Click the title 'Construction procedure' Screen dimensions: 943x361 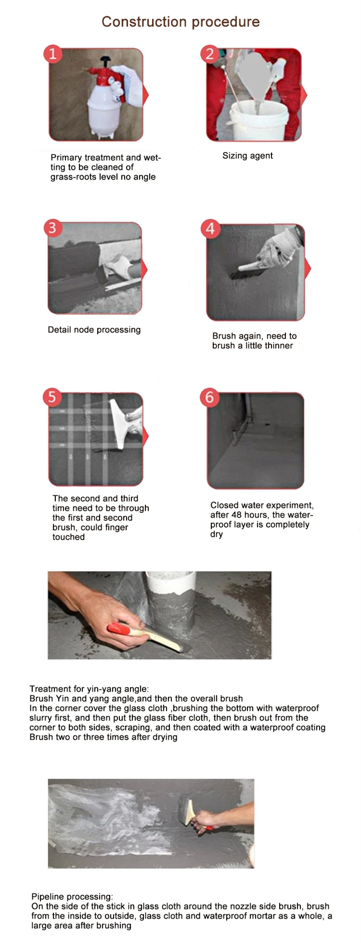click(x=180, y=22)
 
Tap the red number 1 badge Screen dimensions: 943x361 click(x=52, y=53)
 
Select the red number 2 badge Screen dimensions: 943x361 click(x=209, y=54)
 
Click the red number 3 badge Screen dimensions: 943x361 click(x=52, y=227)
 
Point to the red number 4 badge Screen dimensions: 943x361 click(x=210, y=228)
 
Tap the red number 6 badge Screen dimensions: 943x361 click(x=209, y=397)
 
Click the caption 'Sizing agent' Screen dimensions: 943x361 click(x=247, y=156)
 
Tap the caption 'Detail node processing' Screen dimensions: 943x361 click(x=94, y=330)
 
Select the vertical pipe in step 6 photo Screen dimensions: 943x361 click(x=247, y=414)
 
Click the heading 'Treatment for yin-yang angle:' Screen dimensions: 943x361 click(x=89, y=689)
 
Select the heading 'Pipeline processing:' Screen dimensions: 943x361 click(x=72, y=896)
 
